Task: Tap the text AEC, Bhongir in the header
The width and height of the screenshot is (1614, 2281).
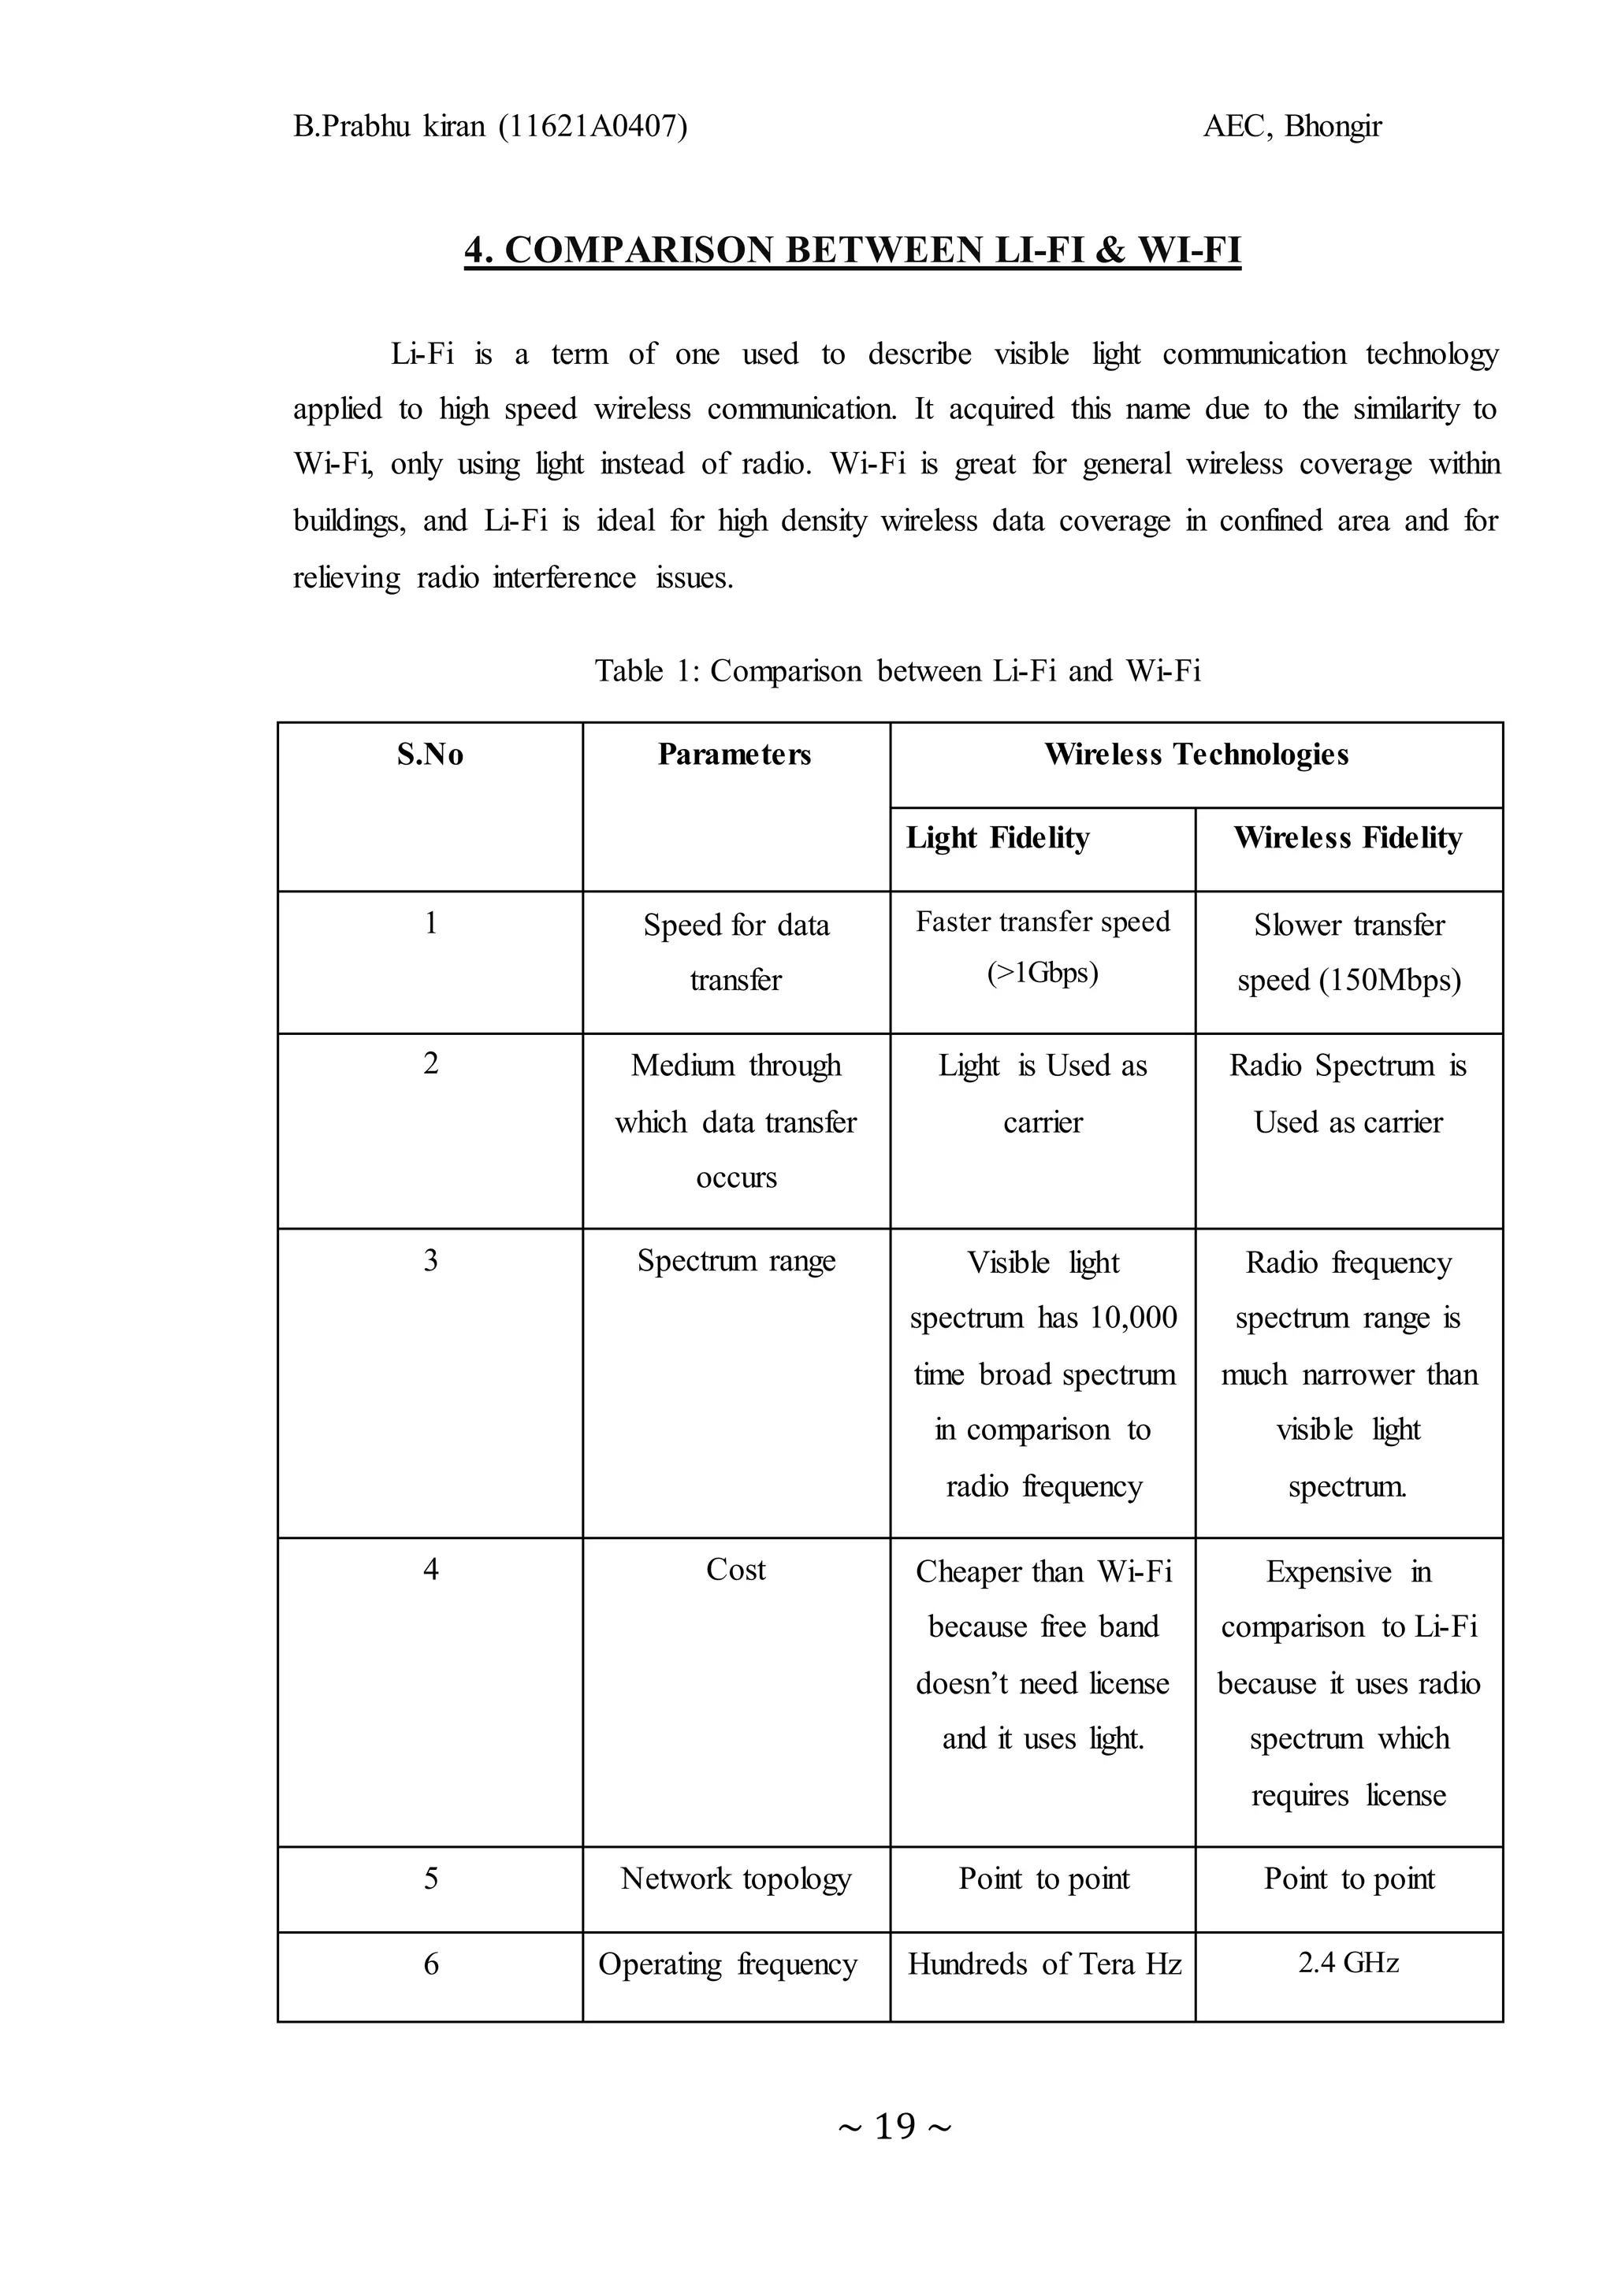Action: coord(1291,126)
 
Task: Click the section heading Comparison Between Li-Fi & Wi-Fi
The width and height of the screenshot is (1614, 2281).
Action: coord(853,250)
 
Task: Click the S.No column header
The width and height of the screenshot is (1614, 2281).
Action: coord(430,755)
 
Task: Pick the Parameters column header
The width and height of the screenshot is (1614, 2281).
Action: coord(734,755)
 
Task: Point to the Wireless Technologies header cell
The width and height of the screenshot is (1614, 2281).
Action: coord(1196,755)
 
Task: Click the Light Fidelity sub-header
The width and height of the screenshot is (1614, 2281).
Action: coord(997,839)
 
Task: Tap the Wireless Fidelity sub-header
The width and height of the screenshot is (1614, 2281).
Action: coord(1347,839)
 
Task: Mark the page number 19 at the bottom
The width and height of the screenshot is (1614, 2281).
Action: coord(894,2126)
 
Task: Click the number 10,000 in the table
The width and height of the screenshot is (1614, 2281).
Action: coord(1133,1318)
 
